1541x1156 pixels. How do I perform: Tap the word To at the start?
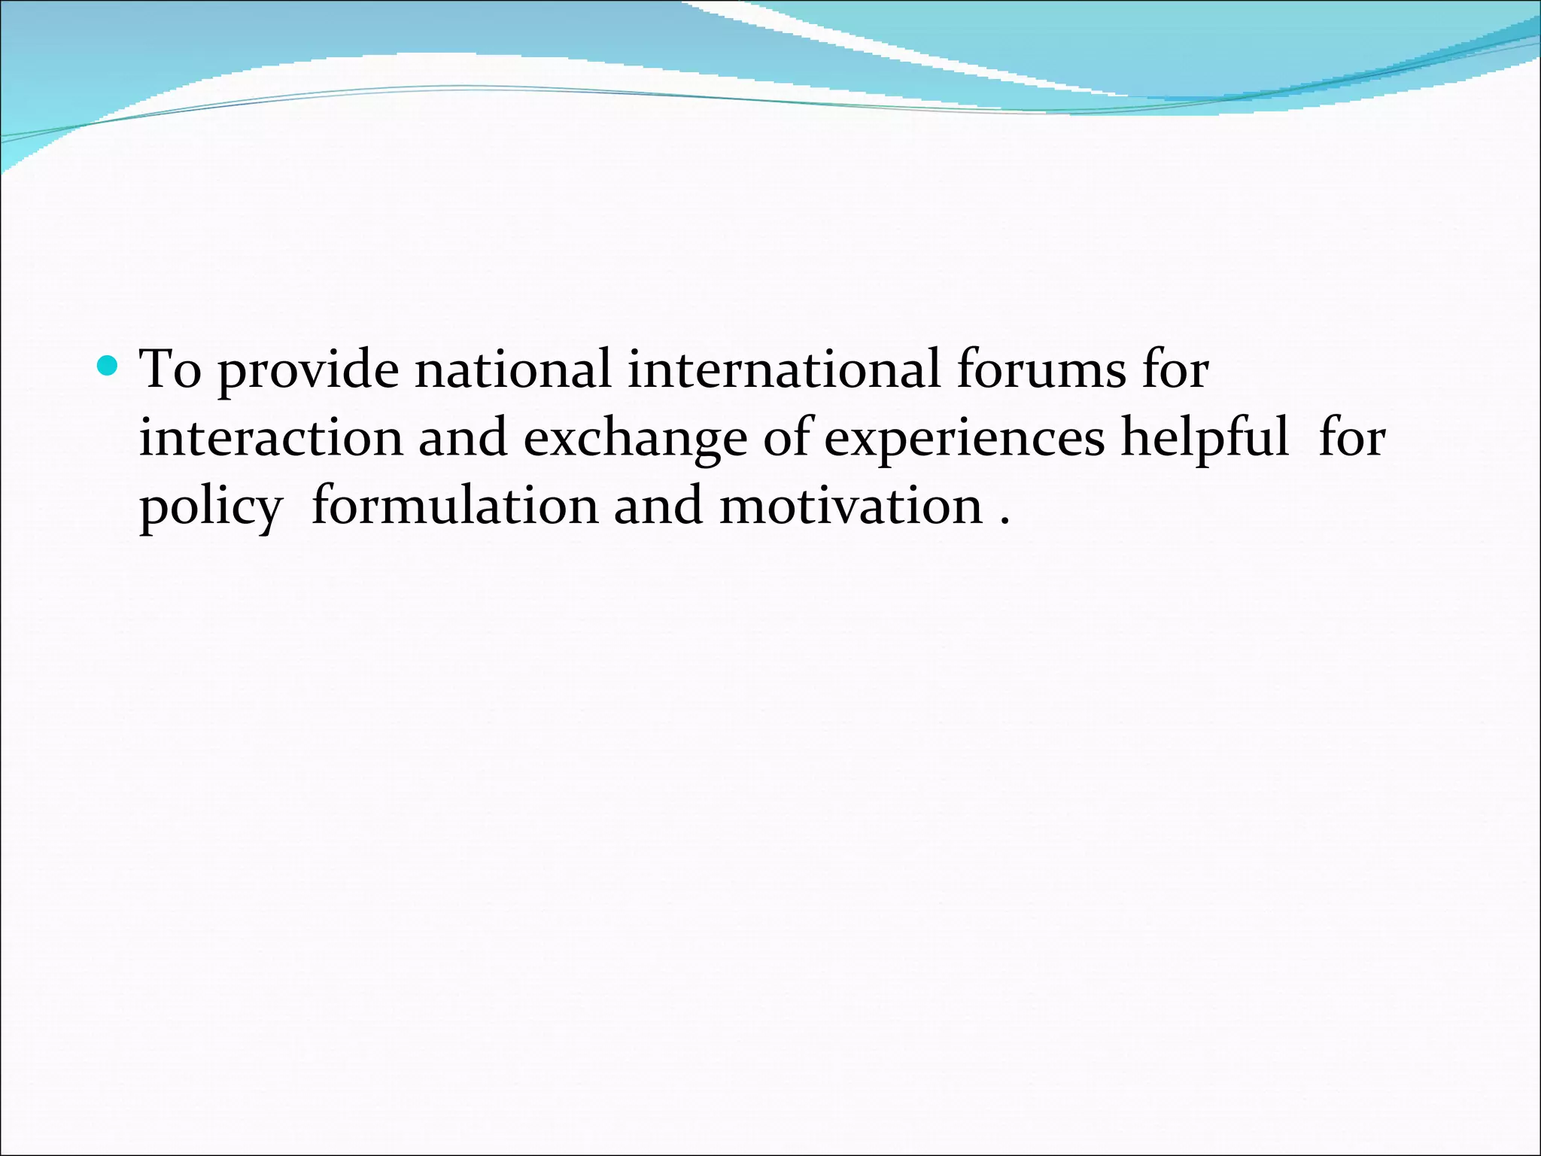click(170, 370)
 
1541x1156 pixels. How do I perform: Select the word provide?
click(308, 371)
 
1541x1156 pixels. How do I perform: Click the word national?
click(512, 370)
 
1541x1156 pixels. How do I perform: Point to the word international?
click(783, 370)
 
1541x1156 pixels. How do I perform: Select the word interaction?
click(271, 437)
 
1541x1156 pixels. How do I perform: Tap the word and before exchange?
click(463, 437)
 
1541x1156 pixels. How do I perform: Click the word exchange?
click(635, 439)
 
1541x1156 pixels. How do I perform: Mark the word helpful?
click(1205, 437)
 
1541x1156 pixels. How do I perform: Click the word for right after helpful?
click(1351, 437)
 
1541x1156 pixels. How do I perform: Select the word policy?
click(210, 507)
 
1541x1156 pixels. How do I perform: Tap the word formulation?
click(454, 505)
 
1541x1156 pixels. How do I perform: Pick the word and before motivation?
click(658, 505)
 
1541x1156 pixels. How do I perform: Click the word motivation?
click(851, 505)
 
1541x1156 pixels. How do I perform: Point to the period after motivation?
click(1005, 522)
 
